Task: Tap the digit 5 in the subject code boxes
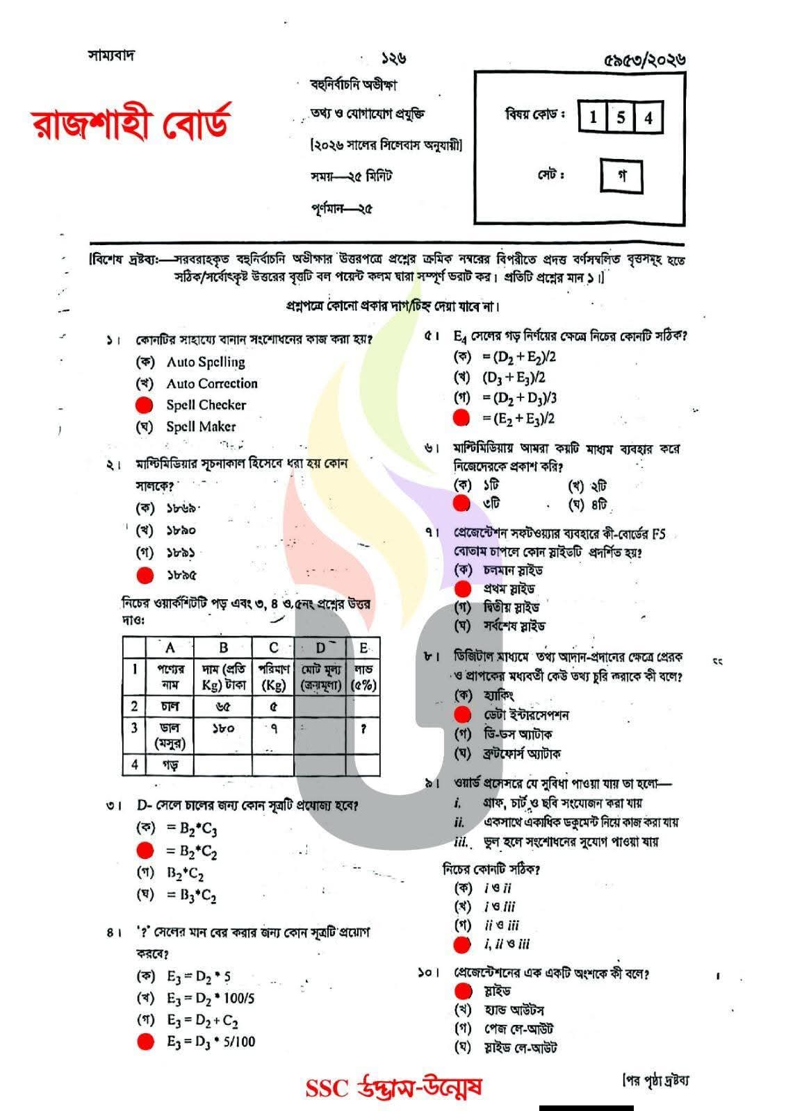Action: point(621,117)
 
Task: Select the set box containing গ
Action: point(621,176)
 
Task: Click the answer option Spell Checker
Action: point(206,405)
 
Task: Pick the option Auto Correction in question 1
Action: point(211,383)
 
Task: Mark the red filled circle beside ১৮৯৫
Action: point(145,575)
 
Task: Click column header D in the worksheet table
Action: point(320,648)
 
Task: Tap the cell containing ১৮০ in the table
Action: point(223,728)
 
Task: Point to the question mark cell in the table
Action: point(363,728)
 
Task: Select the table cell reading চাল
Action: point(170,706)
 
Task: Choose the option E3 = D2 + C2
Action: point(202,1021)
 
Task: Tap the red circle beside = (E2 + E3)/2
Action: point(460,418)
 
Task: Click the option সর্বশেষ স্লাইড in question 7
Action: point(514,626)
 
